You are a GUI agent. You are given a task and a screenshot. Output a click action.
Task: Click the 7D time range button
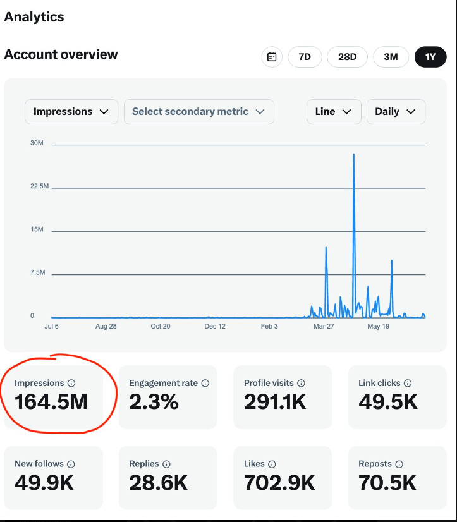tap(305, 57)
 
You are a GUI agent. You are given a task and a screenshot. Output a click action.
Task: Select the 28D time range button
tap(347, 57)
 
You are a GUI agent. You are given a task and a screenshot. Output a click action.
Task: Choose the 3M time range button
tap(391, 57)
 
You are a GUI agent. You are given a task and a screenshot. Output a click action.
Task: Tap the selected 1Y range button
tap(430, 57)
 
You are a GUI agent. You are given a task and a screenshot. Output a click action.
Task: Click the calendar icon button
tap(272, 57)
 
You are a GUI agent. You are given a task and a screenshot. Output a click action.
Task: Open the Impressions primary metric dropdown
tap(71, 111)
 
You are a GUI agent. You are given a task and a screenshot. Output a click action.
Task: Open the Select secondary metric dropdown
tap(198, 111)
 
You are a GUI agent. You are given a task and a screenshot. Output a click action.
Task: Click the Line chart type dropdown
tap(333, 111)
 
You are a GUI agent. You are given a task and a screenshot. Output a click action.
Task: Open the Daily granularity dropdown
tap(396, 111)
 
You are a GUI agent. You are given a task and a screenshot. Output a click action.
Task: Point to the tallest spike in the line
tap(353, 154)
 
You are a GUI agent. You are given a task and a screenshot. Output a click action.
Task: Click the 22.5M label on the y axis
tap(39, 186)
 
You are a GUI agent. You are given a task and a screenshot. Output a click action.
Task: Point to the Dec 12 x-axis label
tap(215, 326)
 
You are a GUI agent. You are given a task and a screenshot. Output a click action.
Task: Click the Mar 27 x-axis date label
tap(324, 326)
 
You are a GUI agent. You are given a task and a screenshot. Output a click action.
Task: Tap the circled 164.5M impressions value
tap(51, 401)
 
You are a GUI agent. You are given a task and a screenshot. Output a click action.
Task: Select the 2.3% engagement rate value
tap(154, 401)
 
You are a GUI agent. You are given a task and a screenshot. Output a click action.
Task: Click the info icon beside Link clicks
tap(408, 383)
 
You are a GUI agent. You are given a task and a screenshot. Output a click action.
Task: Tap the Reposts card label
tap(375, 464)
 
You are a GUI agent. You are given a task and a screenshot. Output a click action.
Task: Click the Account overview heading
tap(61, 54)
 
